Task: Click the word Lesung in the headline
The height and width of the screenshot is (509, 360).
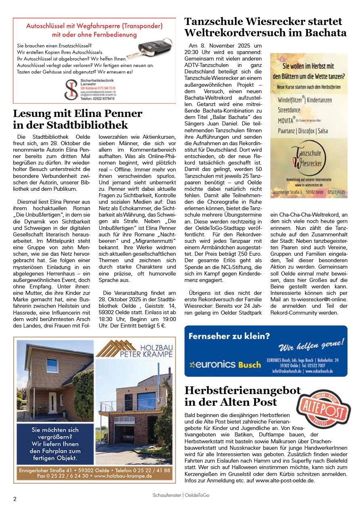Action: (31, 114)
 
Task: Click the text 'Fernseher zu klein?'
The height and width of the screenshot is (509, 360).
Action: (229, 336)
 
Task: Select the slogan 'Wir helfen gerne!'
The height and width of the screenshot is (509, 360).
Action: (311, 346)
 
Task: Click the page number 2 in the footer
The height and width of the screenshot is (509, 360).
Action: (15, 499)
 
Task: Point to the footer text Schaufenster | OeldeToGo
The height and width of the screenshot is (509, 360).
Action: (181, 495)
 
